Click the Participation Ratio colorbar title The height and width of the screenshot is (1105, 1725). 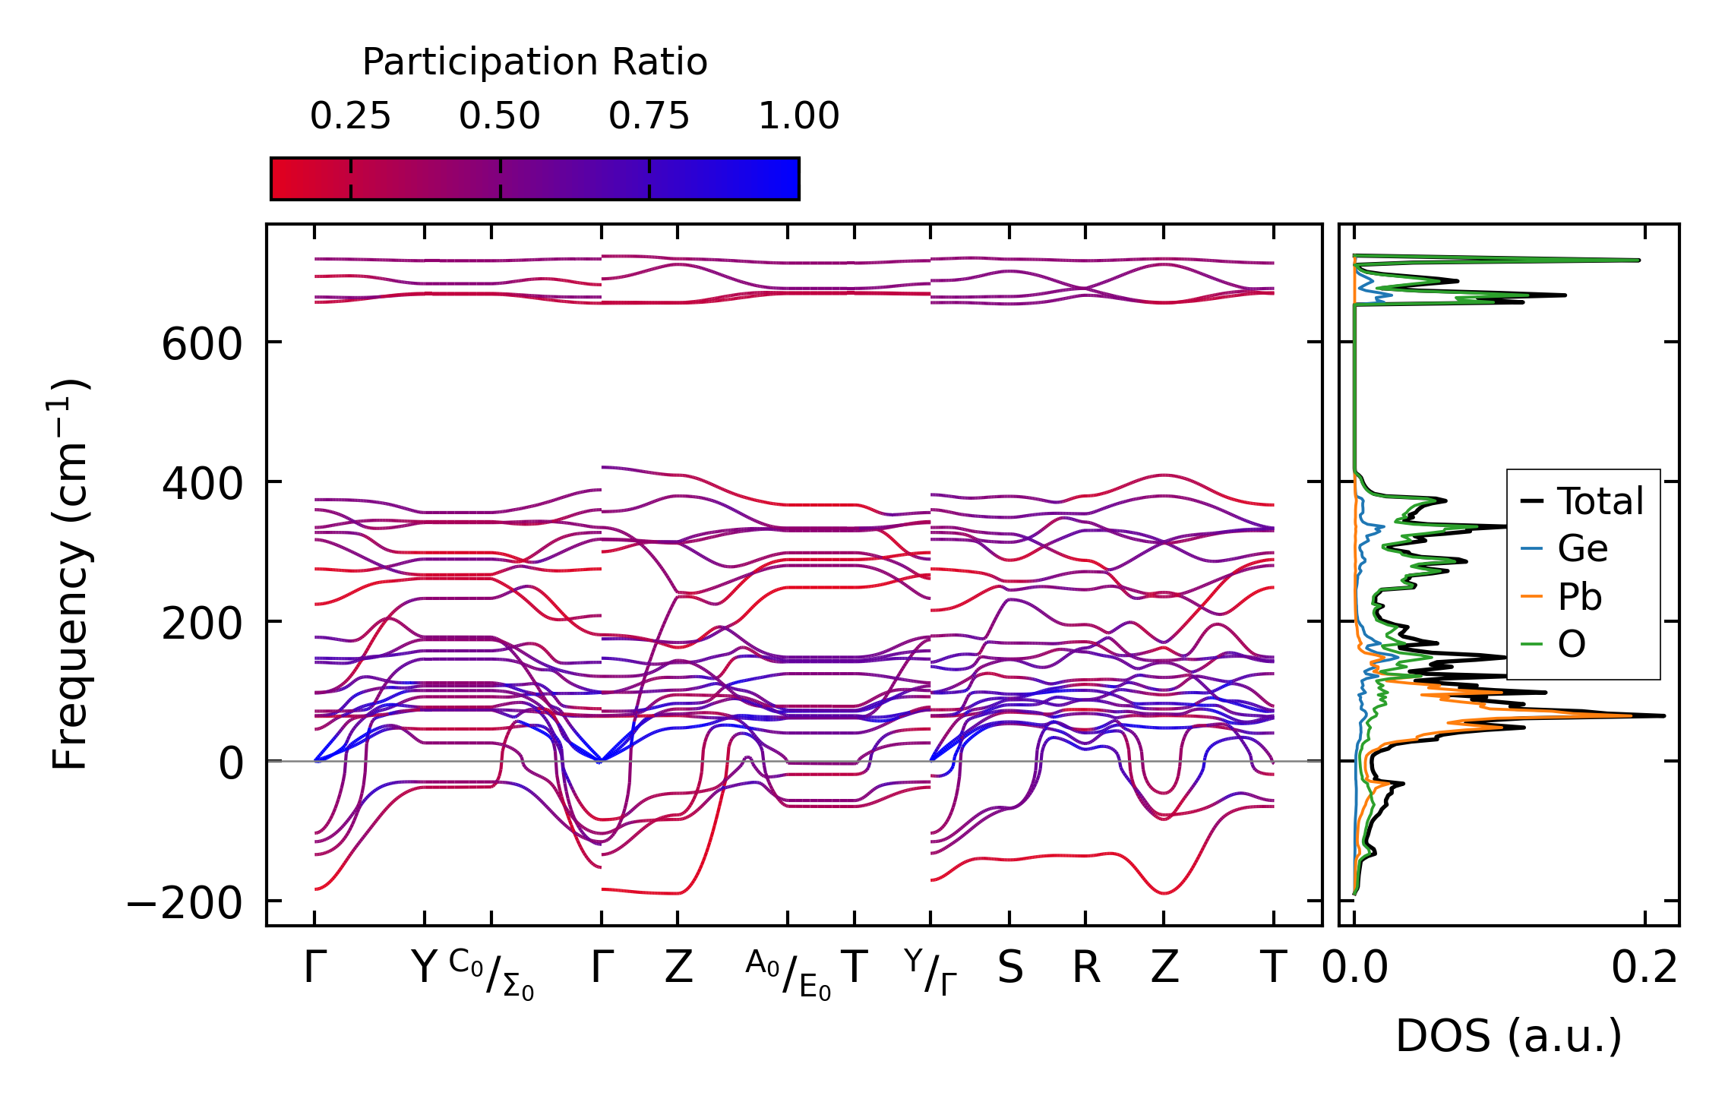535,62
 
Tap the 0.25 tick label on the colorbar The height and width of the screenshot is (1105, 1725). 350,116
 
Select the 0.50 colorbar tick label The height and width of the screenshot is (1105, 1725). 500,116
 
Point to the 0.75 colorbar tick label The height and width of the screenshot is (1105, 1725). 649,116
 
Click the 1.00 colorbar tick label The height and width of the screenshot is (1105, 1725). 798,116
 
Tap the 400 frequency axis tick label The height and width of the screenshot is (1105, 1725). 201,484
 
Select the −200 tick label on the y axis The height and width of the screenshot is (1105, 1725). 185,903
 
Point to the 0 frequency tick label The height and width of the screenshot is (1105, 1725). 231,763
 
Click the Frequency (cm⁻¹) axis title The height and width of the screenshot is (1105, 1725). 71,574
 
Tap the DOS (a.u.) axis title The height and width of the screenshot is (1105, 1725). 1509,1037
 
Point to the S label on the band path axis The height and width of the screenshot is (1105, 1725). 1009,968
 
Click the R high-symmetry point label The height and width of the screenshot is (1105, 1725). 1085,968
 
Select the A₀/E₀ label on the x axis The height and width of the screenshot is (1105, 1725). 788,974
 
